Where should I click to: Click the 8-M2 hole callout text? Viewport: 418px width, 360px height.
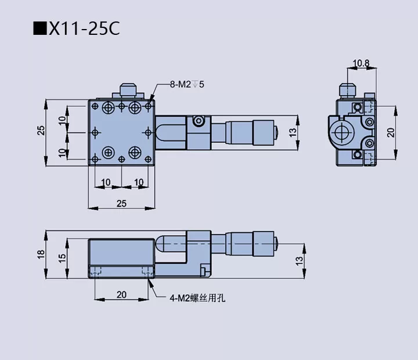187,84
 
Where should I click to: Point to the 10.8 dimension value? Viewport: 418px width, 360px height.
361,62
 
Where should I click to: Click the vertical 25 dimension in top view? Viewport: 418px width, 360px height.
41,130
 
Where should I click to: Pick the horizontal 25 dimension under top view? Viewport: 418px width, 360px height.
121,203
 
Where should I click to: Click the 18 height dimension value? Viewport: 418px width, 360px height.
41,255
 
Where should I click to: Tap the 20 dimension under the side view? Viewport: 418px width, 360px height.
121,295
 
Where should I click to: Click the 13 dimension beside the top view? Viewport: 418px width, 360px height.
294,132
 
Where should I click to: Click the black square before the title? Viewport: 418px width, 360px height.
39,28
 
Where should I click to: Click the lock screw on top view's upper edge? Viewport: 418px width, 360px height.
128,92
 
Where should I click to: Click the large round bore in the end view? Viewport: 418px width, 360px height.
343,131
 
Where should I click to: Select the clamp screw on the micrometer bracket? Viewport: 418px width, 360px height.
199,121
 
